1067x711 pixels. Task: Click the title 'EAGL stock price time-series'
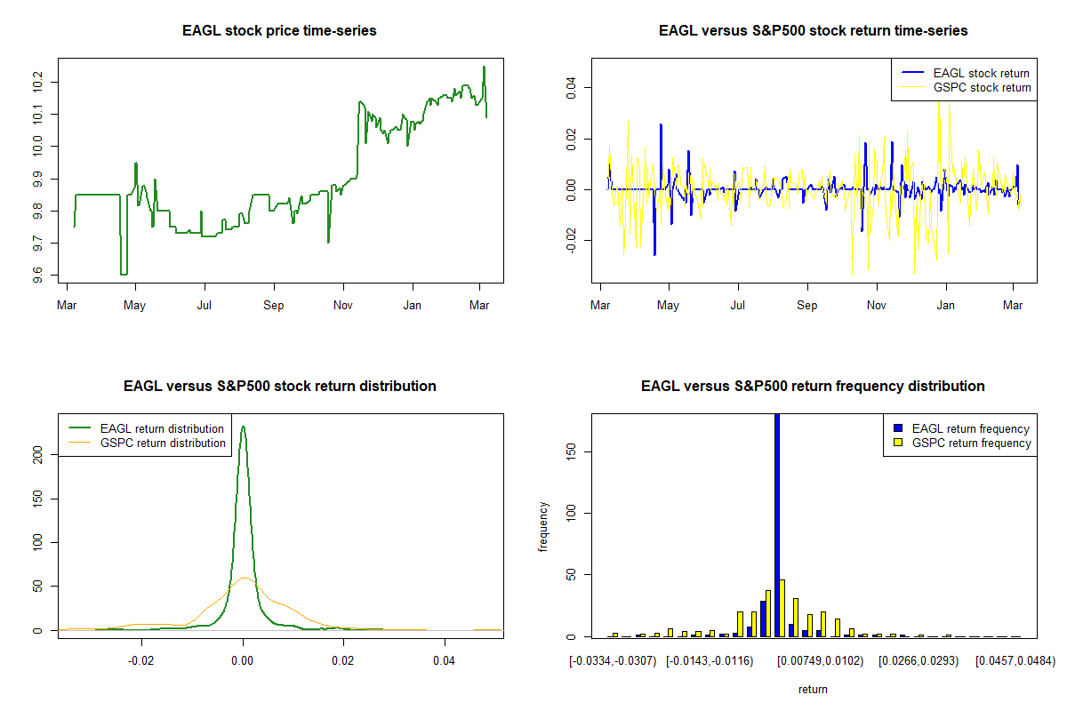coord(279,31)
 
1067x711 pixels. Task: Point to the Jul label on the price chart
coord(205,305)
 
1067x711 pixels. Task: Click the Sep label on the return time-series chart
coord(807,305)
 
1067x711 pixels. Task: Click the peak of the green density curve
coord(243,427)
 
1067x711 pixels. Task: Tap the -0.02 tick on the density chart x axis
coord(142,660)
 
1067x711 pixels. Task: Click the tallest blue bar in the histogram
coord(777,524)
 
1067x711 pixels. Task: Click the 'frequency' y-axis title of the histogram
coord(544,527)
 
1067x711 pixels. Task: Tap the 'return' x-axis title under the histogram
coord(813,689)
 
